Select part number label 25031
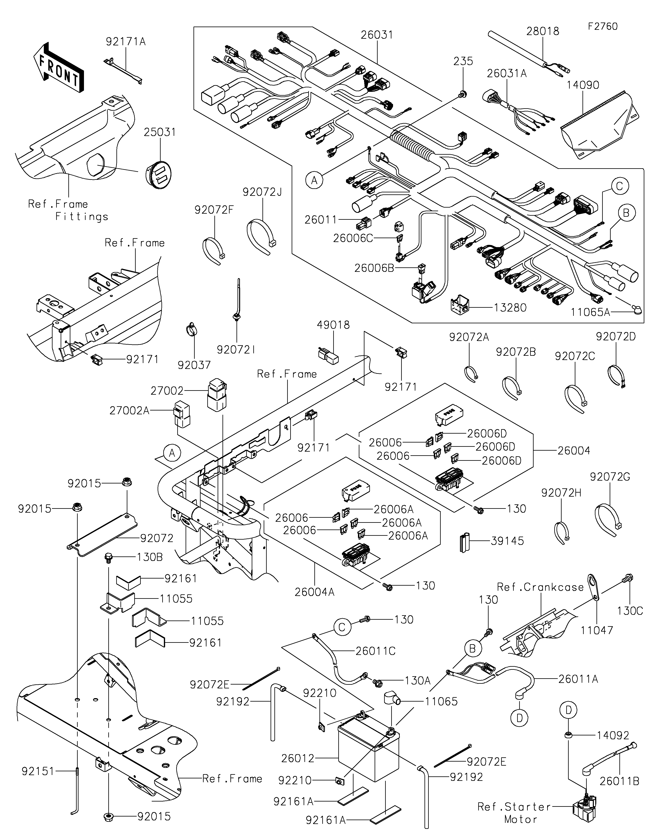160,132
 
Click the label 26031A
507,73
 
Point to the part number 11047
597,630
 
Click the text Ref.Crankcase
540,587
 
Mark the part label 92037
194,365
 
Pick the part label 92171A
126,41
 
